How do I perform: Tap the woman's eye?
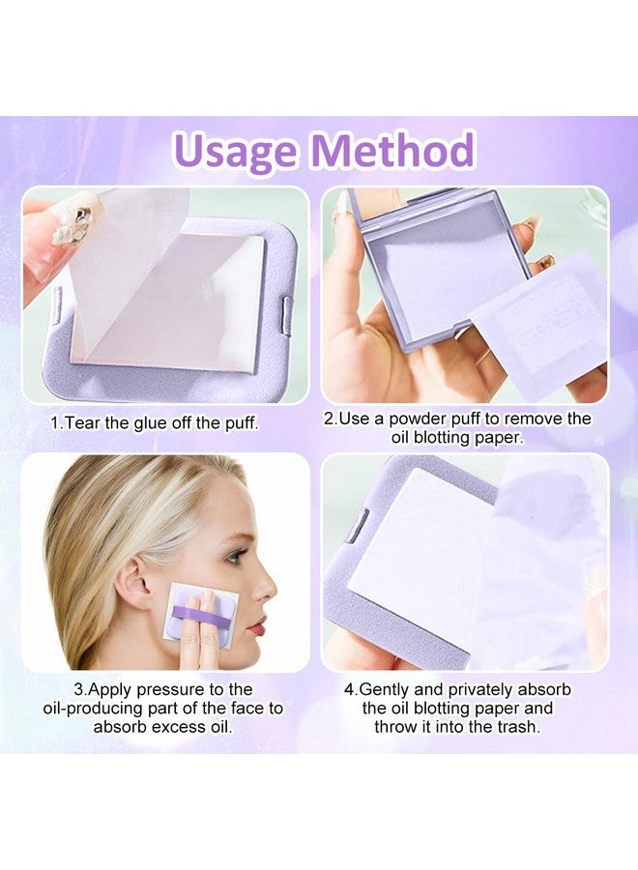[235, 556]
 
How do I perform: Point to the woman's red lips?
[256, 625]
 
